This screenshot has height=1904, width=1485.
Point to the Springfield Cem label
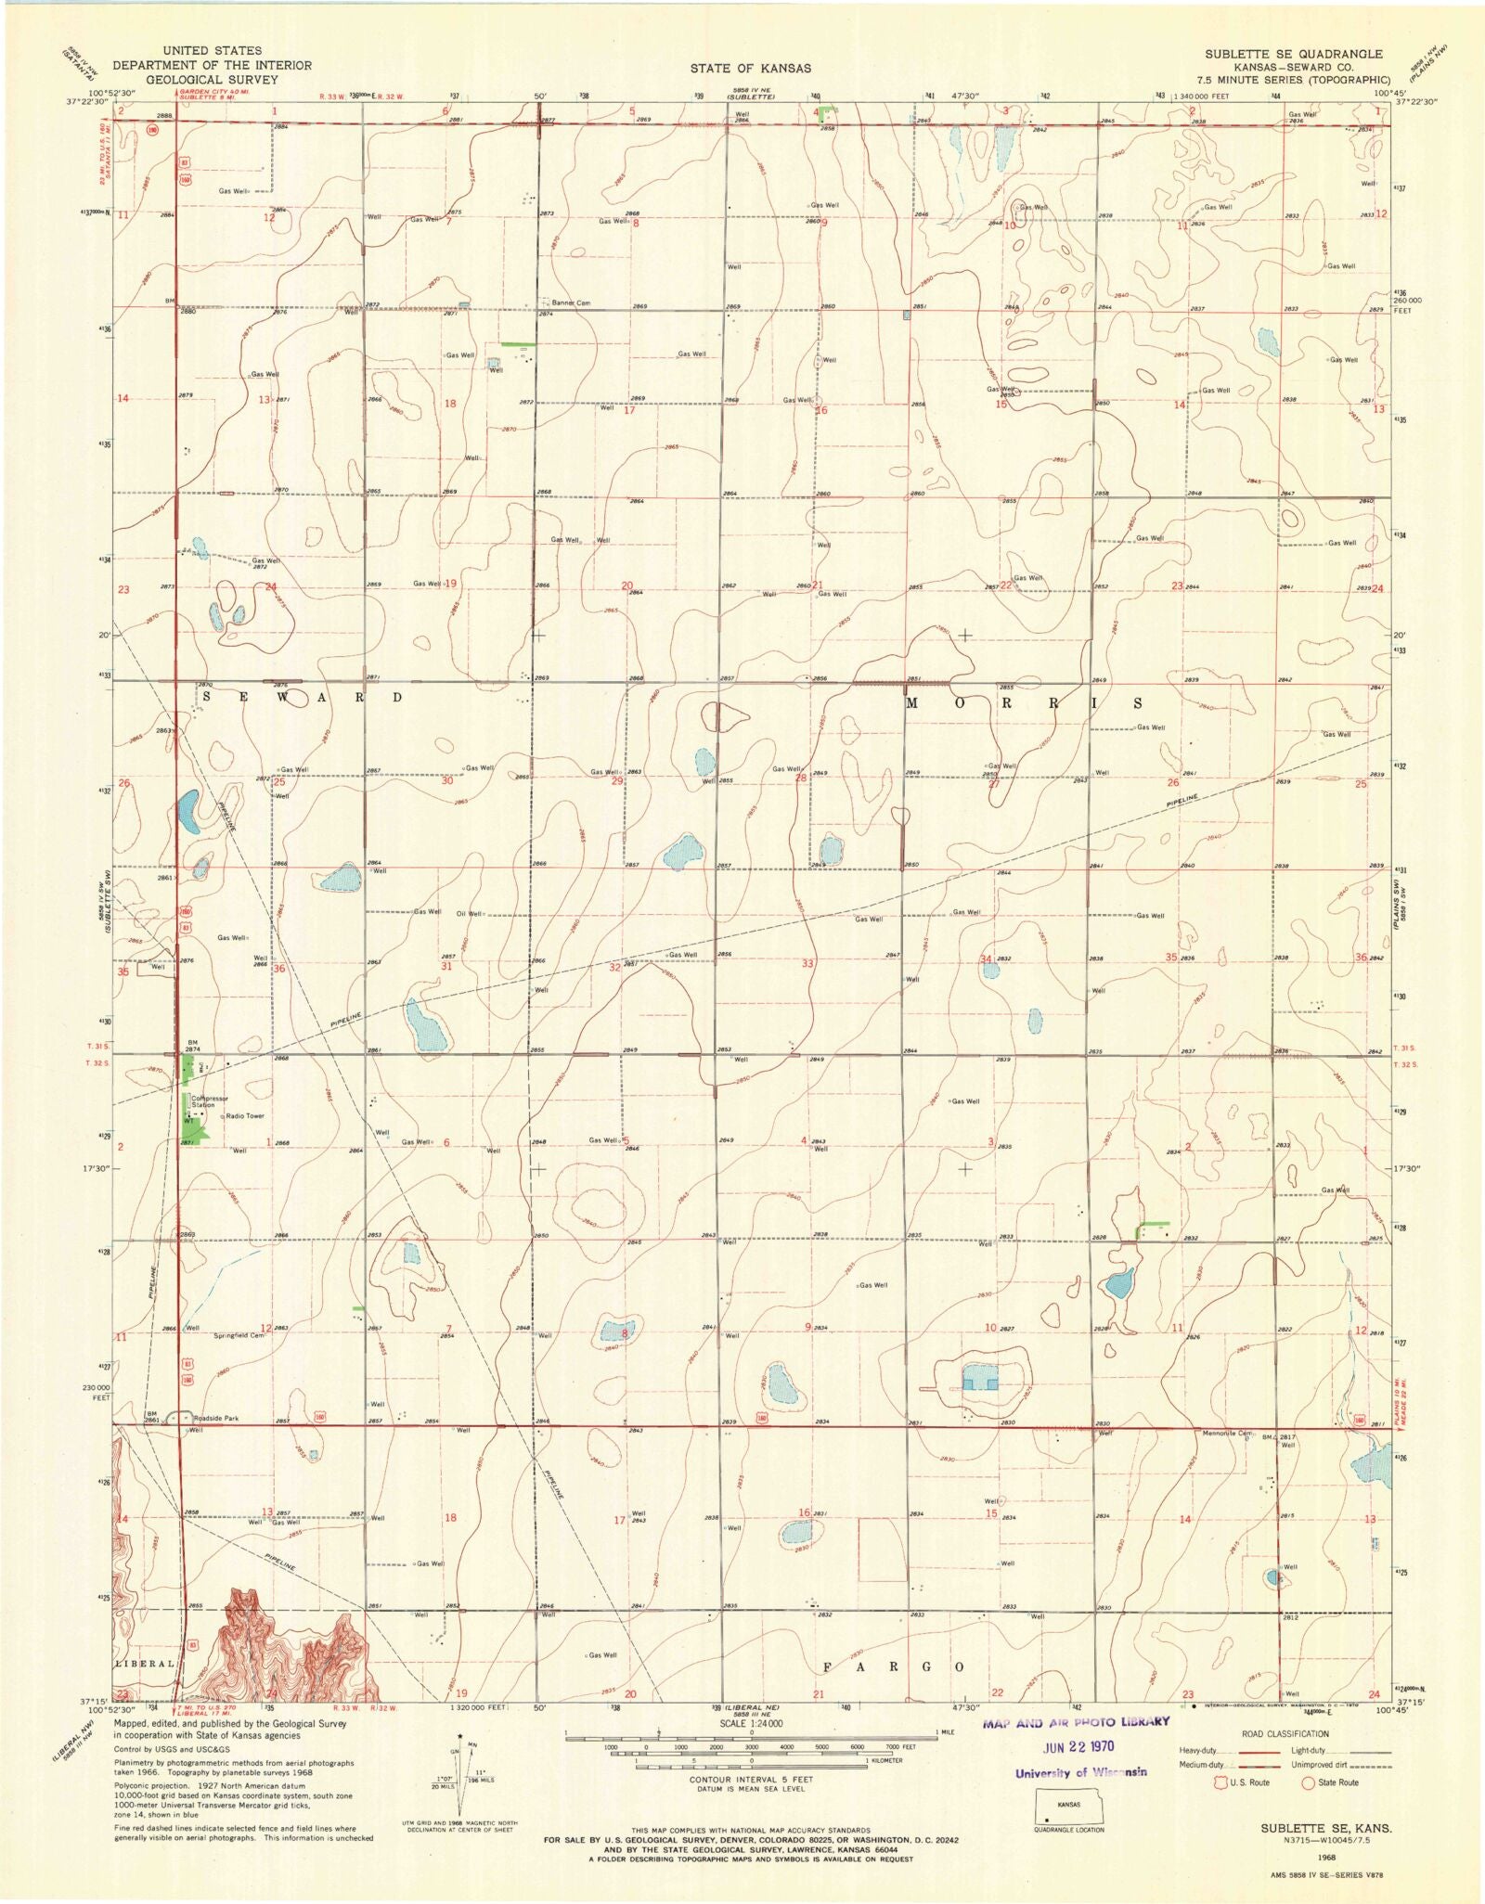pos(239,1335)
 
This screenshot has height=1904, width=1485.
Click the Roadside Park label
pos(215,1418)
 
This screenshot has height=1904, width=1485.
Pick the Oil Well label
pos(470,913)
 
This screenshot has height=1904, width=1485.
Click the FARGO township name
pos(892,1667)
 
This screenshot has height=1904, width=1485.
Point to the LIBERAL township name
pos(145,1664)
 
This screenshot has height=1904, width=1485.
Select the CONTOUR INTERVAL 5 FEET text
pos(751,1780)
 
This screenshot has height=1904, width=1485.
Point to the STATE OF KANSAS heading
pos(750,68)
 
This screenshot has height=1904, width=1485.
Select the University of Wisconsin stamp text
pos(1080,1772)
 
